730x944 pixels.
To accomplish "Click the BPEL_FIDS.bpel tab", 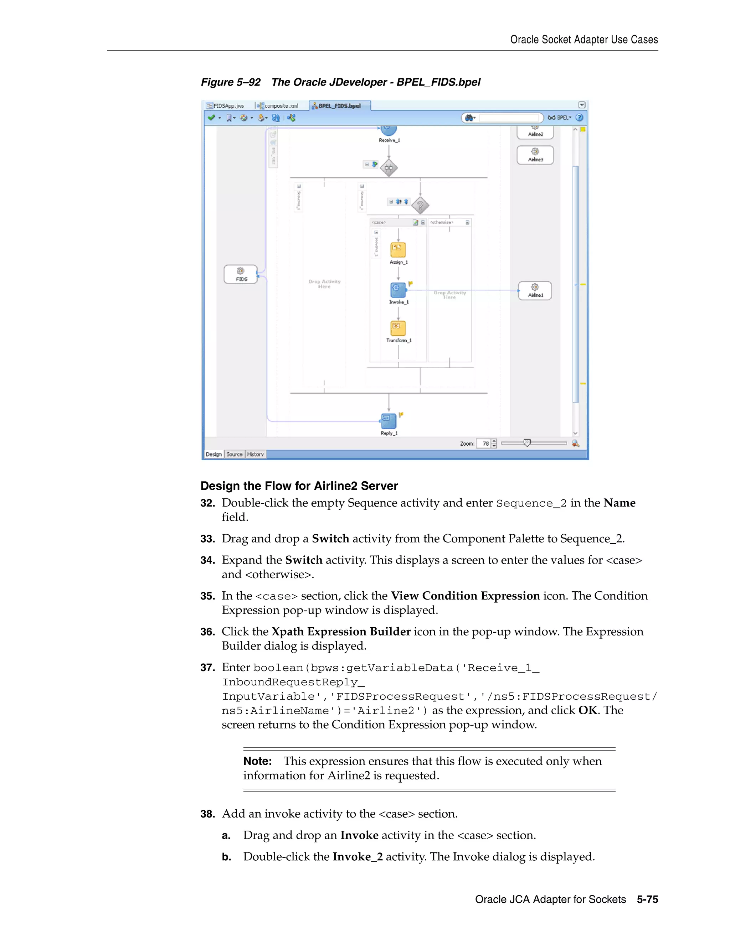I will tap(339, 105).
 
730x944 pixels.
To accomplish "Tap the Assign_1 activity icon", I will tap(398, 249).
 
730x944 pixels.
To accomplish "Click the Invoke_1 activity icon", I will tap(398, 289).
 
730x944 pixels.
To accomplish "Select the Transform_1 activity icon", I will tap(398, 328).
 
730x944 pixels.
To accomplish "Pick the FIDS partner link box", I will tap(241, 274).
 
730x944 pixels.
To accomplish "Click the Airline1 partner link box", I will tap(535, 290).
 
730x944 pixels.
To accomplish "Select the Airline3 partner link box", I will tap(535, 155).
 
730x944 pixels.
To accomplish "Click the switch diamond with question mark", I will tap(420, 205).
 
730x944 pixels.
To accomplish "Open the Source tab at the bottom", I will tap(235, 454).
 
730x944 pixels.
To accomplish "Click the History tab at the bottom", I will tap(255, 454).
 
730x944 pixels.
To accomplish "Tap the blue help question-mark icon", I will tap(580, 118).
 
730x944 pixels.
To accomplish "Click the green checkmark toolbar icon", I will tap(211, 118).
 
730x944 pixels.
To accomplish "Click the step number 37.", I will tap(207, 668).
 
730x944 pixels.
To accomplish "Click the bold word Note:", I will tap(257, 761).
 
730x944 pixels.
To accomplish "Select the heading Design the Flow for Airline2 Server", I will tap(299, 486).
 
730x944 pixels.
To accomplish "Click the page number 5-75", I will tap(647, 899).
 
